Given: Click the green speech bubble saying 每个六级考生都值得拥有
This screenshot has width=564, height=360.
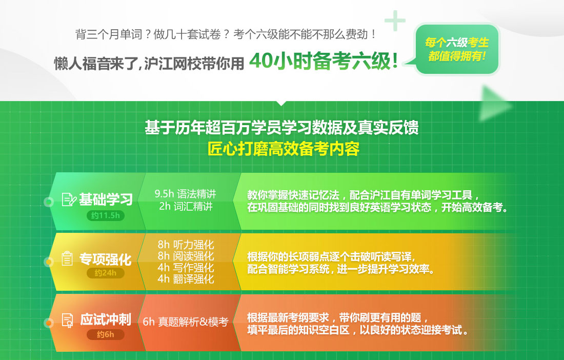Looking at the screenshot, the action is tap(456, 49).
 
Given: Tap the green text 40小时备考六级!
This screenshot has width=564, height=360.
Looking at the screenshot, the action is tap(324, 61).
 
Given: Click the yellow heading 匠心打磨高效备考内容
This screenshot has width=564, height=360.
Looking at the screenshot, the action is tap(284, 149).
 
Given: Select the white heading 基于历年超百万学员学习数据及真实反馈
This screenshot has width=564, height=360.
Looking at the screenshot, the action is tap(281, 128).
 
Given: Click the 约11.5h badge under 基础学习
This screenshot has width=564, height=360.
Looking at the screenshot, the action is tap(106, 215).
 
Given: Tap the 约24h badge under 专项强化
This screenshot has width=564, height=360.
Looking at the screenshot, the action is tap(106, 273).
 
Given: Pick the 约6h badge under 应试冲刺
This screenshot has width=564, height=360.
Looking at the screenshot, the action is tap(106, 334).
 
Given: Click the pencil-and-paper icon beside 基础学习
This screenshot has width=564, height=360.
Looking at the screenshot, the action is tap(69, 199).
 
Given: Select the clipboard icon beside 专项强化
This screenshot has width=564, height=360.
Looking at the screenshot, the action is tap(67, 258).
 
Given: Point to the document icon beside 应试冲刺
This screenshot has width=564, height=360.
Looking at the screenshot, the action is tap(68, 320).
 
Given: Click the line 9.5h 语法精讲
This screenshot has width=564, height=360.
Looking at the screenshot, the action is tap(185, 194).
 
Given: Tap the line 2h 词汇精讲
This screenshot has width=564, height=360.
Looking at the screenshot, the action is tap(186, 207).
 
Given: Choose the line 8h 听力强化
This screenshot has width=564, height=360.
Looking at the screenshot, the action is tap(186, 245).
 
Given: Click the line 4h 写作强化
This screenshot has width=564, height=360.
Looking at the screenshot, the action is tap(186, 268).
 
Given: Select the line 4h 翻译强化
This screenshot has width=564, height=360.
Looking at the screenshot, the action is tap(186, 279).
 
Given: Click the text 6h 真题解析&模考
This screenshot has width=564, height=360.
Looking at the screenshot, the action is tap(186, 322).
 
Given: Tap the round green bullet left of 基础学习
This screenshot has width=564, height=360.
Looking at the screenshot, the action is tap(49, 202).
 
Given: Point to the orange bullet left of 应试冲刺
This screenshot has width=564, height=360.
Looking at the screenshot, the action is tap(49, 323).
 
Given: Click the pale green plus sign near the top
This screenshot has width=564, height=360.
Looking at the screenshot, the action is tap(395, 21).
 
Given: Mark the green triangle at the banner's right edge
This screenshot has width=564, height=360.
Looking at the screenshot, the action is tap(495, 104).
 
